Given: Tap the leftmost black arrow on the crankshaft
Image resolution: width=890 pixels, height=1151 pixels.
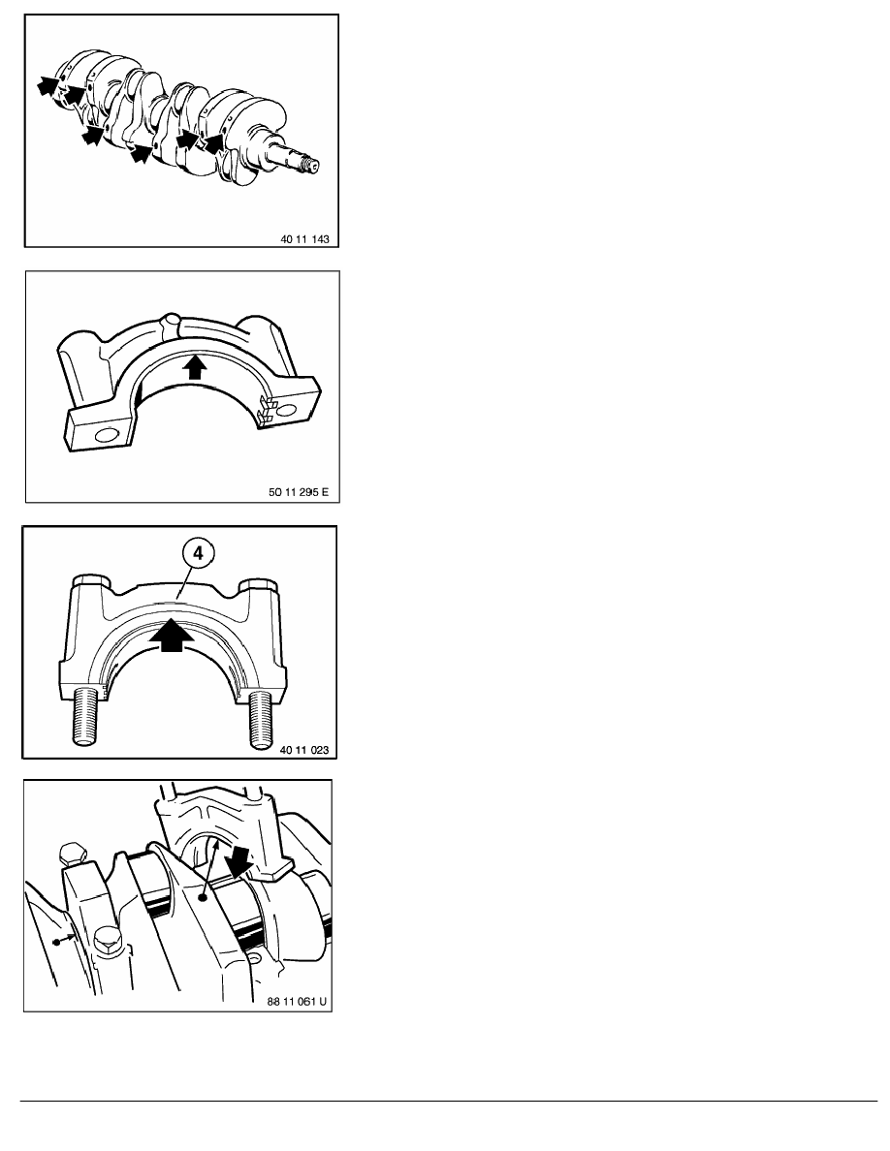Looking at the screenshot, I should tap(44, 86).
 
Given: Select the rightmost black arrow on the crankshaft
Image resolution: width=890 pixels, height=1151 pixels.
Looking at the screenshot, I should tap(213, 143).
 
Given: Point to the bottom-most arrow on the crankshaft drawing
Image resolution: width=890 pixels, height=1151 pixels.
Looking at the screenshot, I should tap(142, 153).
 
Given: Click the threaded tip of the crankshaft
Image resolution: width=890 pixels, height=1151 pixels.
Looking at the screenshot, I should tap(311, 166).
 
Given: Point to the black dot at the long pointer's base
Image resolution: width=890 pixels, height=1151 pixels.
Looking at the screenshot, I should tap(202, 898).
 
